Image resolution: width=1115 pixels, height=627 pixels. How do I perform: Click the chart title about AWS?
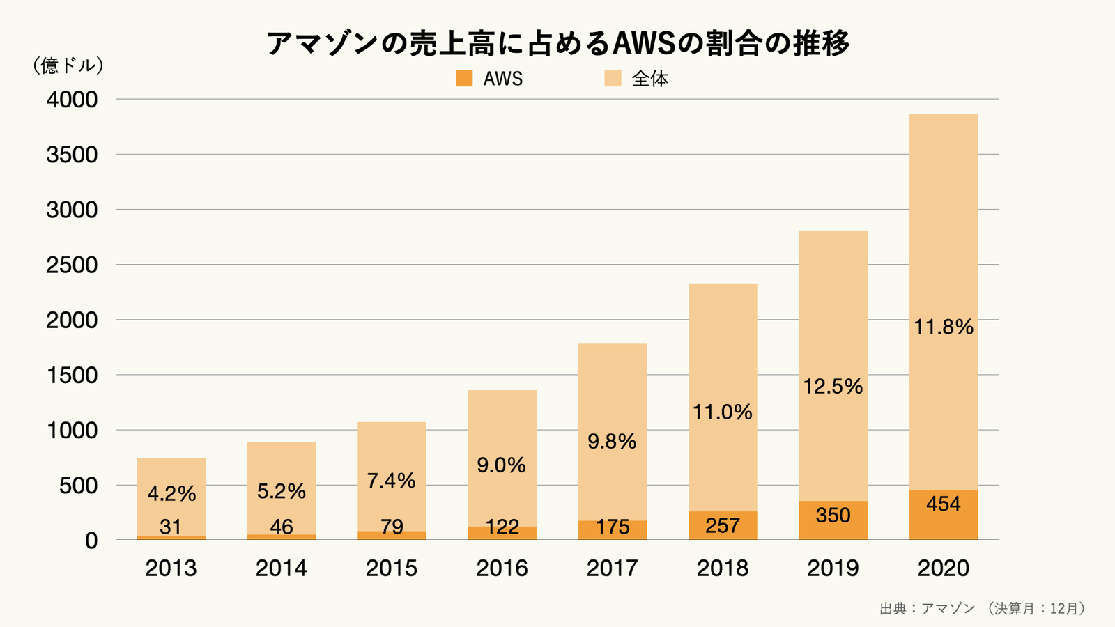point(557,43)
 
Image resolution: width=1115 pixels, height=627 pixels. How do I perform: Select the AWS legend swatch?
point(464,79)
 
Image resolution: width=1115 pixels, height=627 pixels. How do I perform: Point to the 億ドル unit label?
point(68,65)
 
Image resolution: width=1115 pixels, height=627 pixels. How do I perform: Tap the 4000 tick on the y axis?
point(72,100)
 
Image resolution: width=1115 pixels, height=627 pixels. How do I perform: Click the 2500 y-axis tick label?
point(72,265)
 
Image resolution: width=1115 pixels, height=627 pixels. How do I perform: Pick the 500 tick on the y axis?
point(78,486)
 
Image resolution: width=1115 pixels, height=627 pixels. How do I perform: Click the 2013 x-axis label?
point(171,568)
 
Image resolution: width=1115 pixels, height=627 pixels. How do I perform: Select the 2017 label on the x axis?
point(612,568)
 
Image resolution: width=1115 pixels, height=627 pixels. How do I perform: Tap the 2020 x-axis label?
point(943,568)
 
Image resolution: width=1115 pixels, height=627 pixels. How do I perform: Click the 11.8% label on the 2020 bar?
point(943,327)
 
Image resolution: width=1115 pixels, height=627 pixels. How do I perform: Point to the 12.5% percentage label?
point(833,387)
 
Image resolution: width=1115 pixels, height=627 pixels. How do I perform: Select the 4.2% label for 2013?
point(171,494)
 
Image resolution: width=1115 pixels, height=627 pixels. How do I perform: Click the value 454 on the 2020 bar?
point(943,504)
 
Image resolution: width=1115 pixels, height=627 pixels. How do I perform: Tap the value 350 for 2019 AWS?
point(833,516)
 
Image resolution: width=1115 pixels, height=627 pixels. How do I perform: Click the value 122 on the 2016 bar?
point(502,527)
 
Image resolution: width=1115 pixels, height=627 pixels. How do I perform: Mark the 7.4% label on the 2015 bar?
point(392,481)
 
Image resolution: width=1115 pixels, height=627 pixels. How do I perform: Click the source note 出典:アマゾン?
point(927,608)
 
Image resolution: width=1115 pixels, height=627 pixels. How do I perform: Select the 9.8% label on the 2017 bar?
point(612,442)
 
